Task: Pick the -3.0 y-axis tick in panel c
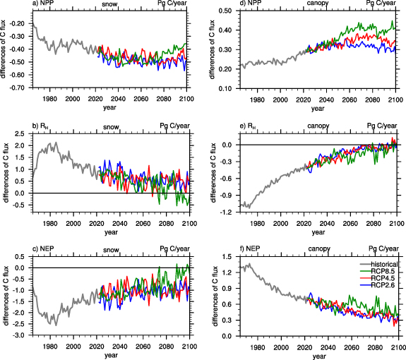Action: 20,335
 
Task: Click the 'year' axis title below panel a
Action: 109,108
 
